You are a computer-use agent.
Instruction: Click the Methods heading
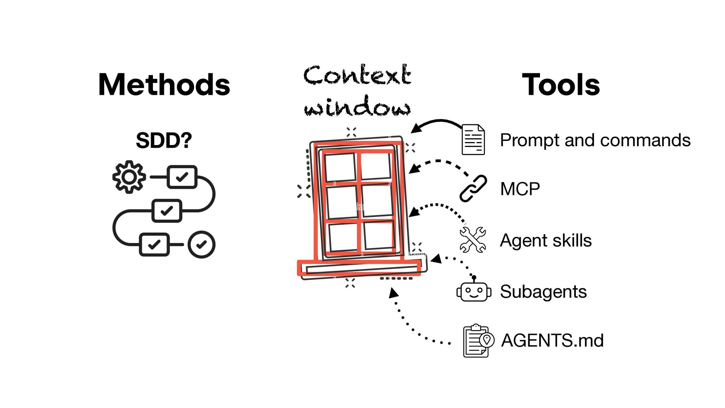164,85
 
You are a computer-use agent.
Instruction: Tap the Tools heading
561,85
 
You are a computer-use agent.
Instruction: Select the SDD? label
164,141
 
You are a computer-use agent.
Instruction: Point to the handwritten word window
357,107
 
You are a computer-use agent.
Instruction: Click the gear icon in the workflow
129,177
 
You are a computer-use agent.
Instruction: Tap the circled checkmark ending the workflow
202,244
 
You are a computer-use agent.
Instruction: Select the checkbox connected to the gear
182,177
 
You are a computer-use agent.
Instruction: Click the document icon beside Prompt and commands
473,140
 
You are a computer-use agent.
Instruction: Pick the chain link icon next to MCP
473,189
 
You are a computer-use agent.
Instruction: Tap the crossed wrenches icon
473,240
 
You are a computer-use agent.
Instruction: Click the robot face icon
474,291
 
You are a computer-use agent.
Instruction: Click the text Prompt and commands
595,140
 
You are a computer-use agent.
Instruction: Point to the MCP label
520,189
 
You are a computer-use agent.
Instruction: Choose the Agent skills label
546,240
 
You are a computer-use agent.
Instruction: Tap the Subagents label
543,292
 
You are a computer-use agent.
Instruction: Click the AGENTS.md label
552,340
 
